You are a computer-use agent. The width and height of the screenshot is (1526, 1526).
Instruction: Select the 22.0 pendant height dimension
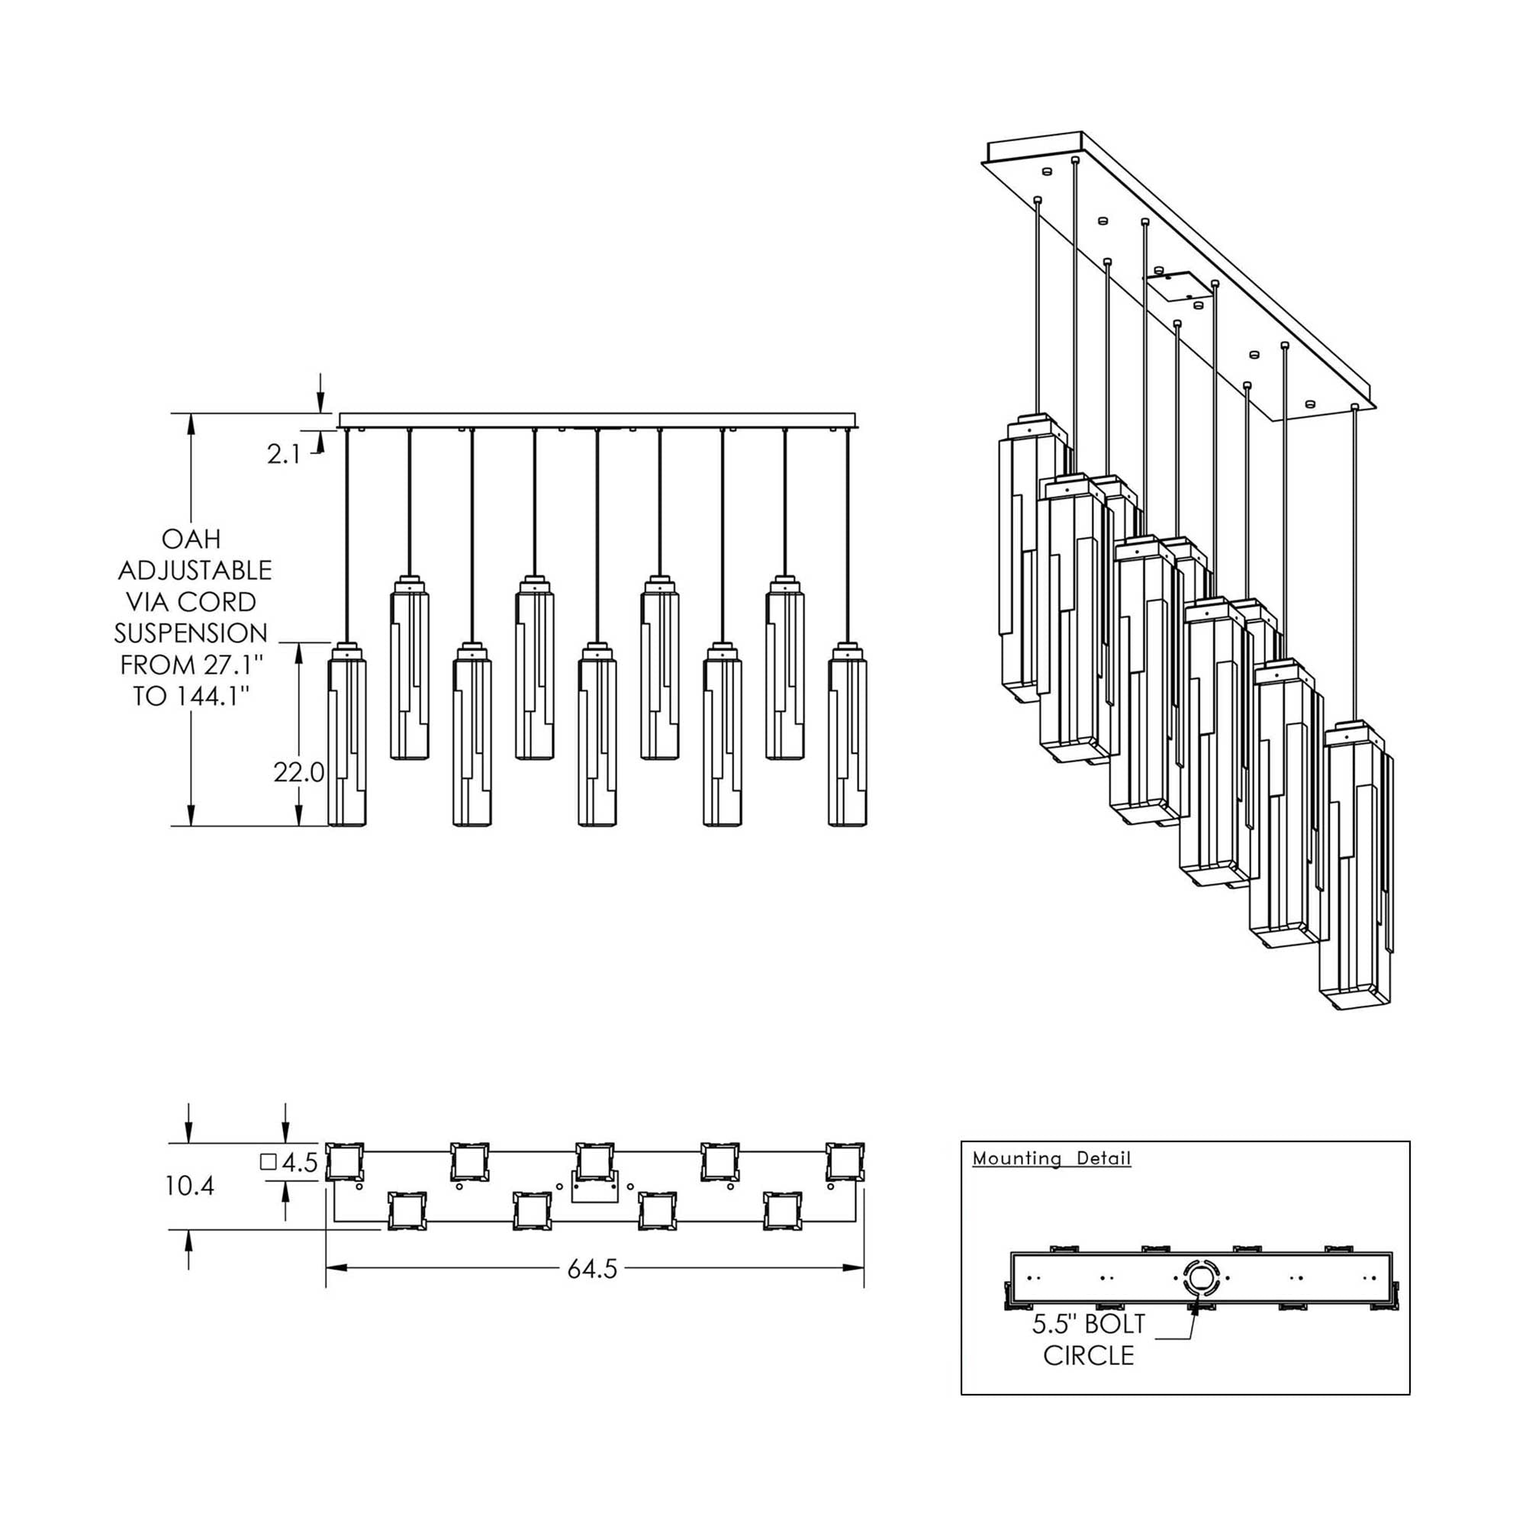point(298,772)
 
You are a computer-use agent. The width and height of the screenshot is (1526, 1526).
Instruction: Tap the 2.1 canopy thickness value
point(284,454)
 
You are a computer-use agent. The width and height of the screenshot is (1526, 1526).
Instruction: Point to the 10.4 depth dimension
point(189,1186)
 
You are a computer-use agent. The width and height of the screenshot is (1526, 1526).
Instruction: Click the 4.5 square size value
point(299,1163)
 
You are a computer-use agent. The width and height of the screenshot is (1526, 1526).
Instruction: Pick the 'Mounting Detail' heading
point(1051,1158)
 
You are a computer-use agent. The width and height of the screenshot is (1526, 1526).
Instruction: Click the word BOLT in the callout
point(1116,1324)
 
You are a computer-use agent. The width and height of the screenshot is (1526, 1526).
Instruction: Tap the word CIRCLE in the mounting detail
point(1089,1355)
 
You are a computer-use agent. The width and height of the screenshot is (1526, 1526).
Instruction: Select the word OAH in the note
point(192,539)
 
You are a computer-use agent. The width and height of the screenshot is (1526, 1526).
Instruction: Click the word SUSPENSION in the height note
point(192,633)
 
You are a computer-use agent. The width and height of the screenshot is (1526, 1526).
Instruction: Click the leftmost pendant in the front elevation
point(346,735)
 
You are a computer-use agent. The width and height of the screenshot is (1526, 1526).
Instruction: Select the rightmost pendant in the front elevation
point(848,735)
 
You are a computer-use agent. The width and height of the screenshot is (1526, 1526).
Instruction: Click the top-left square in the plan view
point(345,1162)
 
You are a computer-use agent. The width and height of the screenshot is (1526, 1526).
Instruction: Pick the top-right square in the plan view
point(845,1162)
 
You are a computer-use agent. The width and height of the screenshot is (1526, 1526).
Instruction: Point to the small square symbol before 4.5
point(268,1162)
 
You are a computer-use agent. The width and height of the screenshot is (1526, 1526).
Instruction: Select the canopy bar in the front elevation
point(597,420)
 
